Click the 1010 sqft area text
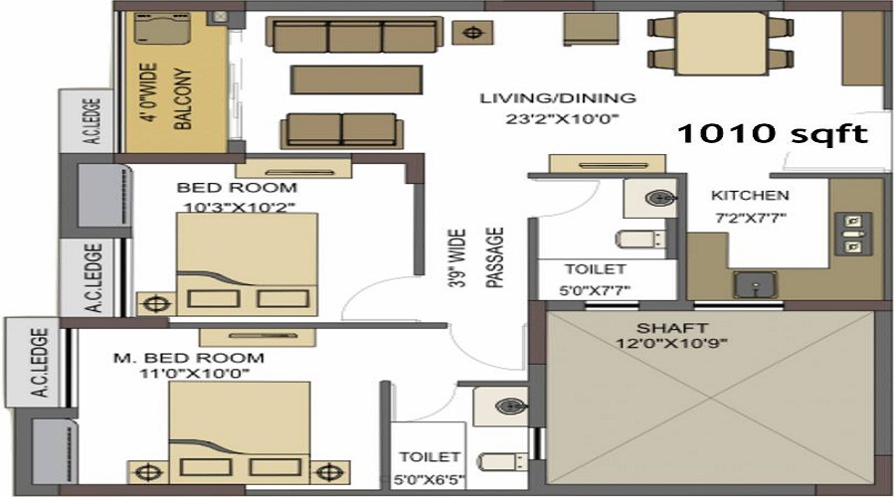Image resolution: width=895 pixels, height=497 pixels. pos(772,134)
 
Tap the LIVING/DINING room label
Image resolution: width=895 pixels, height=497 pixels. pos(557,98)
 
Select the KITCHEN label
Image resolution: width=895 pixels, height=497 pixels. pos(749,195)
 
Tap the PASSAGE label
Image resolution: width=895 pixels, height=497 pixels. pos(494,257)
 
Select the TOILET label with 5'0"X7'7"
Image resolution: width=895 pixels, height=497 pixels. pos(595,269)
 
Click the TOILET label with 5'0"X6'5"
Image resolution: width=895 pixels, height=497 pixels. pos(430,457)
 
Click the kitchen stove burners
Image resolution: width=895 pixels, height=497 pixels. pos(851,233)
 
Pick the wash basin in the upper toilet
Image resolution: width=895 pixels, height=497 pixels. pos(655,197)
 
